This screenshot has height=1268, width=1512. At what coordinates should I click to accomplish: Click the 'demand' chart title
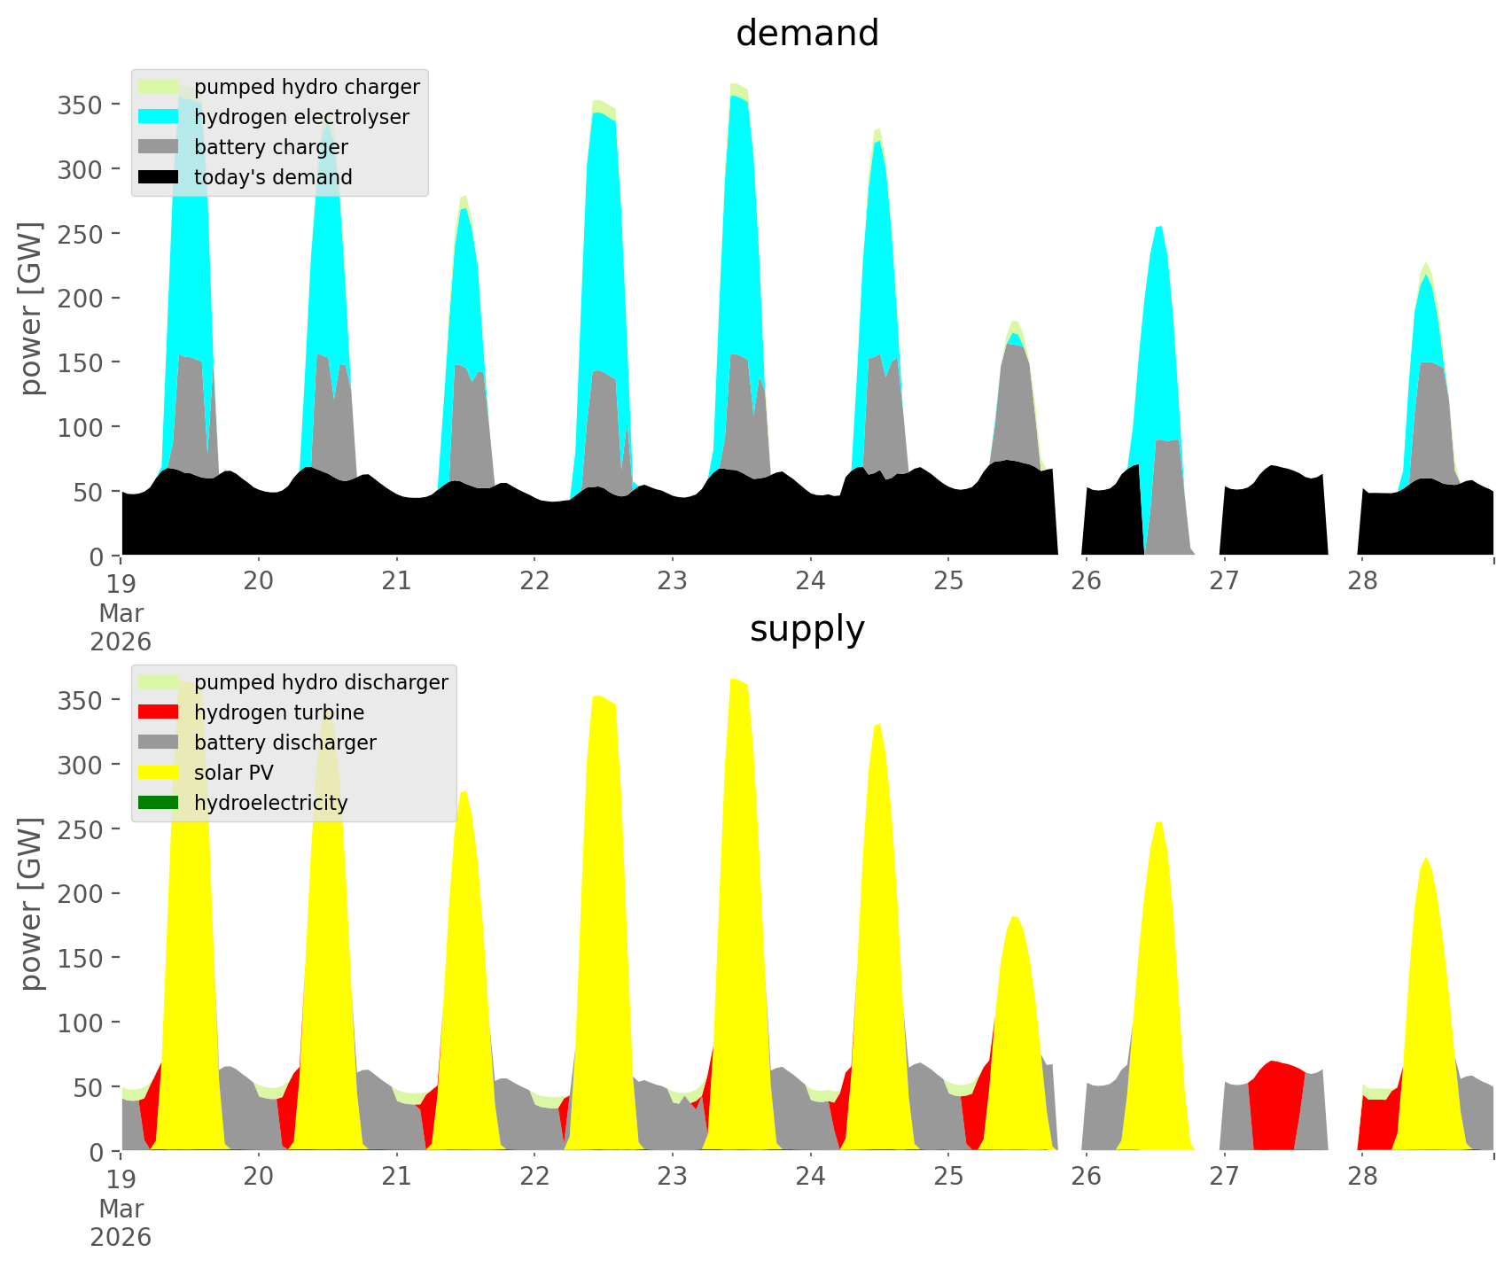(x=807, y=34)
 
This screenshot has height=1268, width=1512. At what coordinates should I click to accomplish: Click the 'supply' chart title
(x=807, y=629)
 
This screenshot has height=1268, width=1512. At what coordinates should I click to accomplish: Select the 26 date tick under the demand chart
(x=1087, y=580)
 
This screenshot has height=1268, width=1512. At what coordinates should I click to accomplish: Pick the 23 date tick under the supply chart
(x=673, y=1176)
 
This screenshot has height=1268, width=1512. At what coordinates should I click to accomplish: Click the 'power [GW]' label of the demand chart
(x=31, y=308)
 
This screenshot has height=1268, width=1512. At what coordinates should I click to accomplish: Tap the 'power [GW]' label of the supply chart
(x=31, y=904)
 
